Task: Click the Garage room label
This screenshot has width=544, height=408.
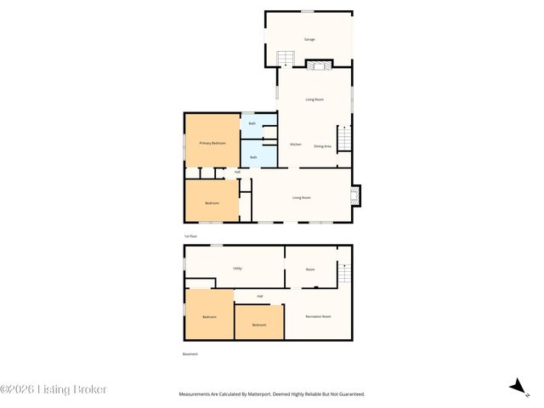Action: pyautogui.click(x=310, y=40)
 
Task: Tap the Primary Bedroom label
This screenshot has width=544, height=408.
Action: pyautogui.click(x=212, y=144)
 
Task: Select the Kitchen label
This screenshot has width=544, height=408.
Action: pyautogui.click(x=296, y=144)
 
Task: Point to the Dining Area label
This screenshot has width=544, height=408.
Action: pyautogui.click(x=322, y=146)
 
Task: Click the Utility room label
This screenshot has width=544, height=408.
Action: pyautogui.click(x=238, y=269)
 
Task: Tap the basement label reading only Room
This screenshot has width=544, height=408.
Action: pyautogui.click(x=310, y=269)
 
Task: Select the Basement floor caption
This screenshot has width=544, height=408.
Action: pyautogui.click(x=190, y=354)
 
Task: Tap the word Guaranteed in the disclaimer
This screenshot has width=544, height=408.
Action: pyautogui.click(x=348, y=394)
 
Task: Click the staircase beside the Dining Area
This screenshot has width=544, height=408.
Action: pyautogui.click(x=344, y=138)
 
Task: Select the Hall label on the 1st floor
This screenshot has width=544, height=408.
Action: pyautogui.click(x=238, y=173)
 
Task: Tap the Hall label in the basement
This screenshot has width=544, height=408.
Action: pyautogui.click(x=259, y=296)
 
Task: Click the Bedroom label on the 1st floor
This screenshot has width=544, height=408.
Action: pyautogui.click(x=212, y=203)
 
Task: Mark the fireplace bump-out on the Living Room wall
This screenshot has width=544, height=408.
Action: pyautogui.click(x=356, y=195)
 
